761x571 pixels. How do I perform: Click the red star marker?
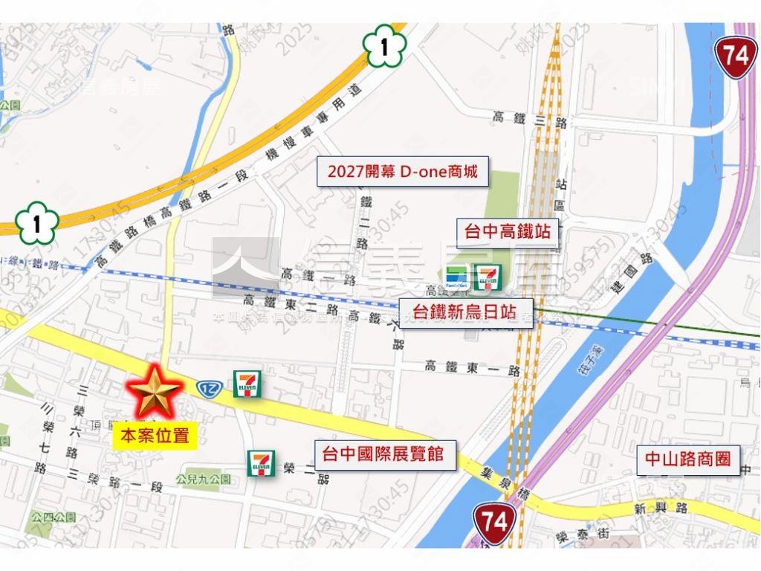click(154, 392)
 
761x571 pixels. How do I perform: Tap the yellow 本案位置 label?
click(155, 436)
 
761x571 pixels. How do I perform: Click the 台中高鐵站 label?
click(508, 232)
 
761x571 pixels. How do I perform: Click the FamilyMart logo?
click(456, 276)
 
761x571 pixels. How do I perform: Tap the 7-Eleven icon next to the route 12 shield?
click(247, 384)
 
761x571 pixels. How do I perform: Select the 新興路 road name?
click(661, 509)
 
